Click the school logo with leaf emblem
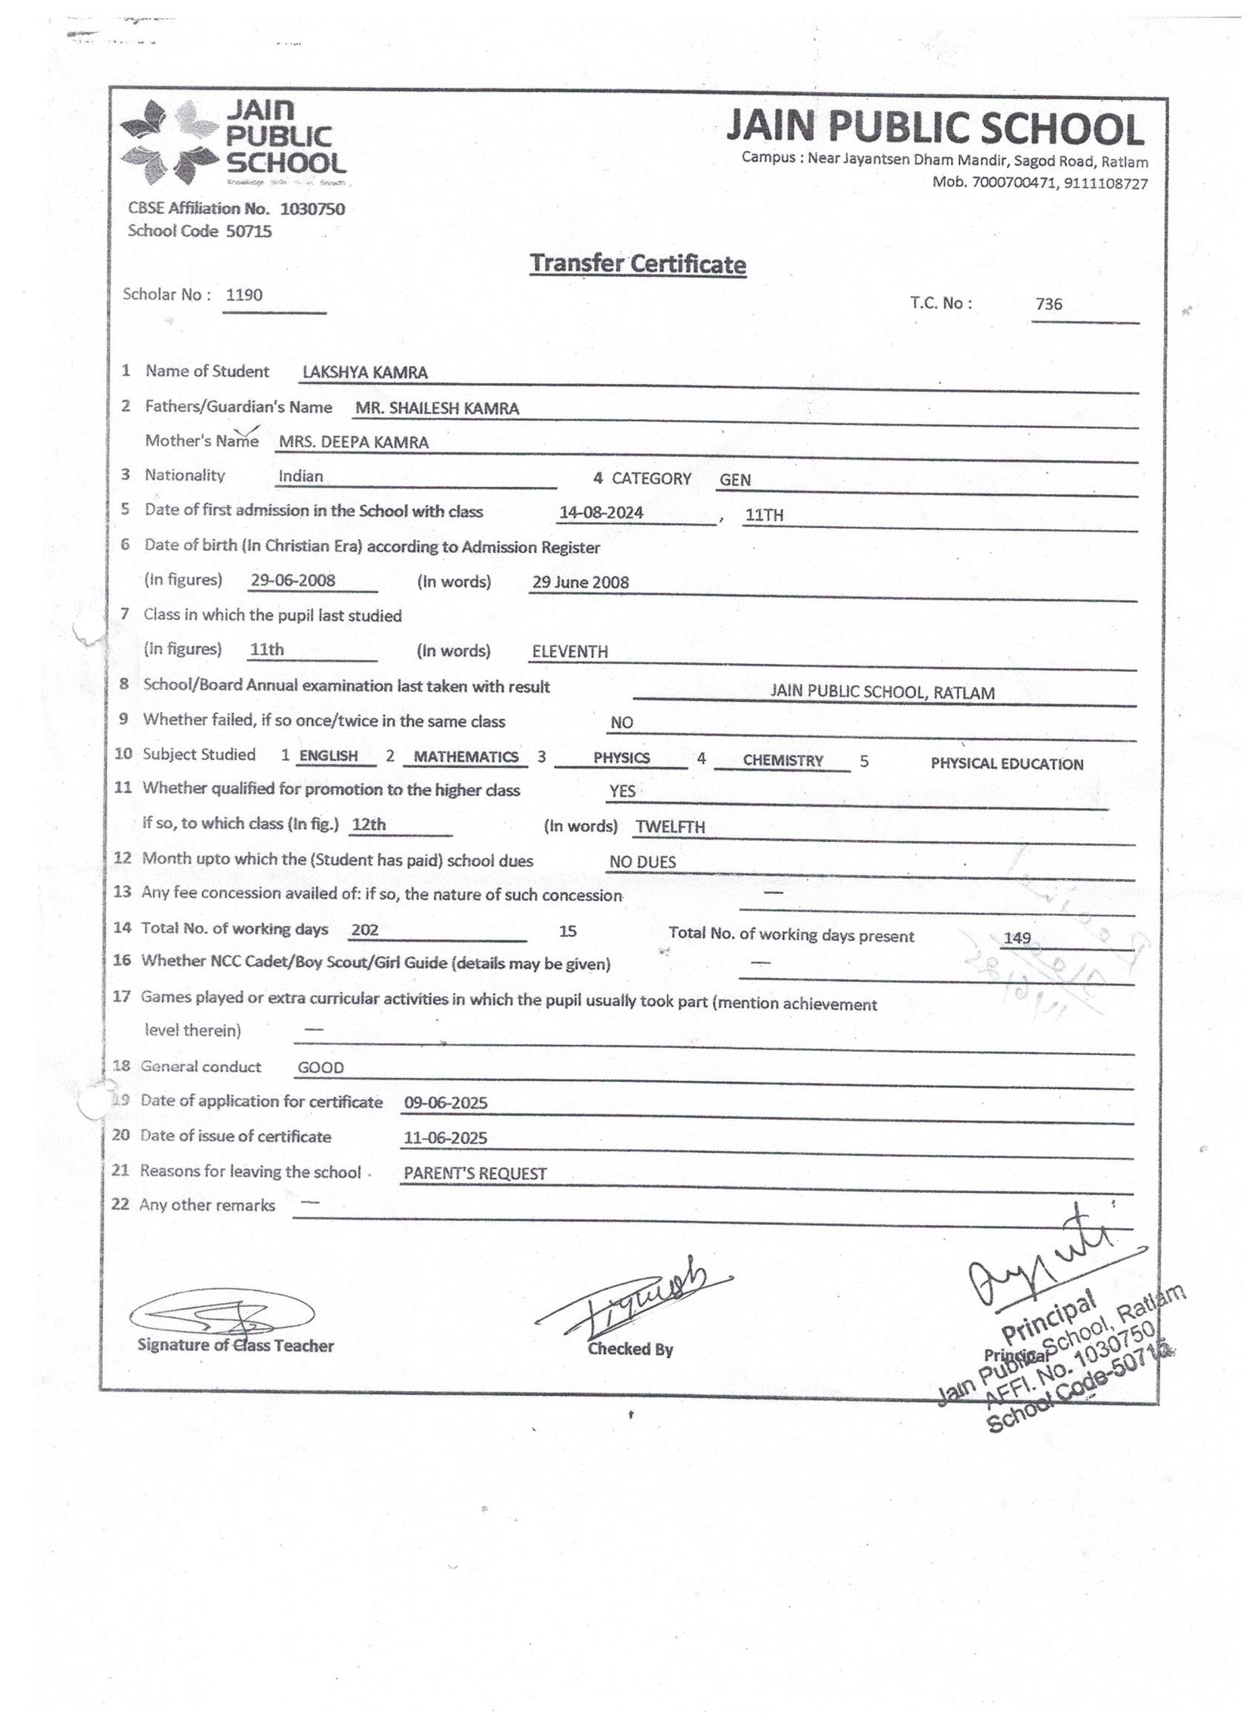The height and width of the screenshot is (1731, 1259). point(234,141)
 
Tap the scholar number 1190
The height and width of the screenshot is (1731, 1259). point(244,295)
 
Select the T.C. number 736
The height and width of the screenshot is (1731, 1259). point(1049,304)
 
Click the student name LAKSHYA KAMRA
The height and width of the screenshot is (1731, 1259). point(365,373)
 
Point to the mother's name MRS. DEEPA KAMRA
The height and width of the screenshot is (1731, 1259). point(353,442)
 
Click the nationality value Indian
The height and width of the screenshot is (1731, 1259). point(301,476)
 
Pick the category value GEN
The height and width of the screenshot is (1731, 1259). point(735,480)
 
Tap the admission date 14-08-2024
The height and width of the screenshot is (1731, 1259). point(601,513)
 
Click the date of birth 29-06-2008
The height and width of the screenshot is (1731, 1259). point(293,581)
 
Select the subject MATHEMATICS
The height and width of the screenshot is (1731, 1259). point(466,757)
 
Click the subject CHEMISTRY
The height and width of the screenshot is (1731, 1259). point(783,761)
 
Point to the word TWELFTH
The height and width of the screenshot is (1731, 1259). point(670,827)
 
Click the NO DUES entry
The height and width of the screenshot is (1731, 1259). point(643,862)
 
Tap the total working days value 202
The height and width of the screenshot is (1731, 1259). point(365,930)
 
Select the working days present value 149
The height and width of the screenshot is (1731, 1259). point(1017,938)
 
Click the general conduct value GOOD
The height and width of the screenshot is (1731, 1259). point(321,1068)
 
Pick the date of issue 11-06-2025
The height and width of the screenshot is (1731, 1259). point(445,1138)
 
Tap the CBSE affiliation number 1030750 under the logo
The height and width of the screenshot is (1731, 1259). point(312,209)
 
